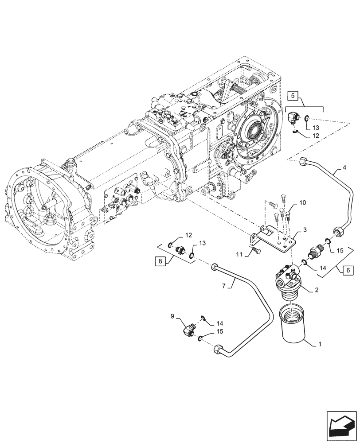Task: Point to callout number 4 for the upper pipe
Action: pos(344,168)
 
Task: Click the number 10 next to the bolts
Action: pos(302,203)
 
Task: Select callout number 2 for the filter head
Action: pos(317,291)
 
